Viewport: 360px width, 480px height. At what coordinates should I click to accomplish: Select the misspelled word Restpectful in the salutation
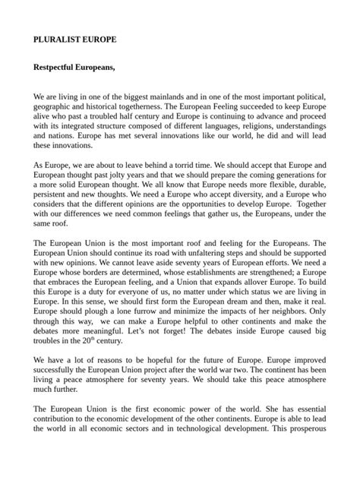pyautogui.click(x=60, y=68)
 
